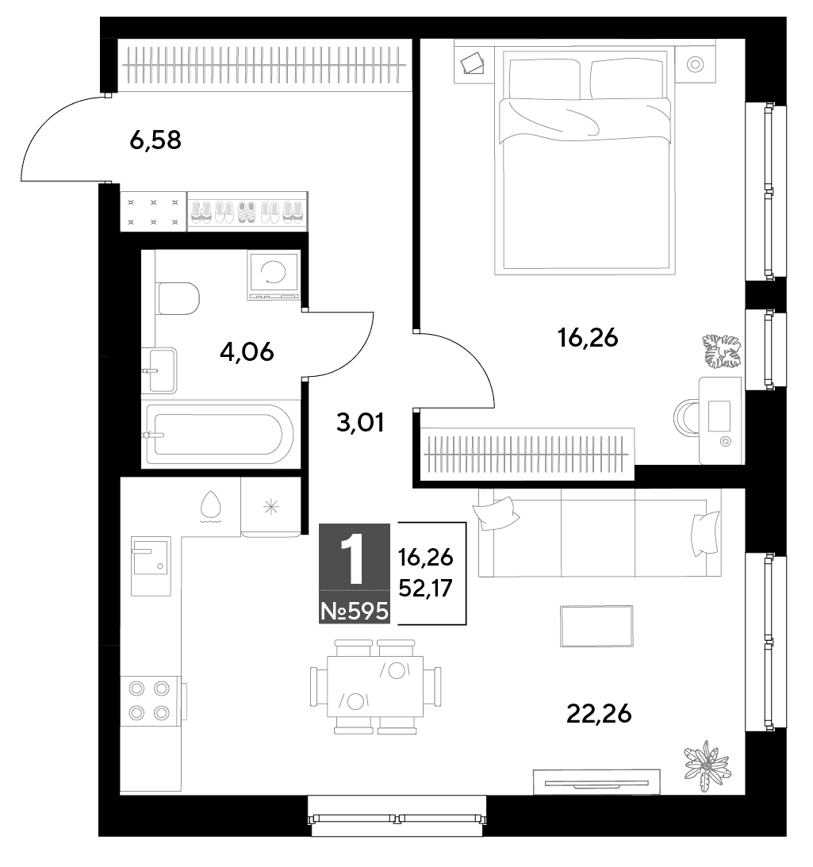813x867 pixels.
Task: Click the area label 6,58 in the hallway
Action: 155,140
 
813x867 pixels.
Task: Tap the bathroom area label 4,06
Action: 247,351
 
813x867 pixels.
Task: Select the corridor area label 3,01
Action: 360,423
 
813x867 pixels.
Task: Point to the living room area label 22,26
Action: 599,714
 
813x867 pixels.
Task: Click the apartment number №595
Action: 355,612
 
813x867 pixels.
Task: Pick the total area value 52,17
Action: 426,589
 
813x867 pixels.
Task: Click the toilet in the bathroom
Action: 178,298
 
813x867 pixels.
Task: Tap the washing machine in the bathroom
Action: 274,274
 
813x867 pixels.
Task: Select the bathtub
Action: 220,435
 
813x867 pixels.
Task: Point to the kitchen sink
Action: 151,566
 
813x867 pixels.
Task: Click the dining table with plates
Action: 375,686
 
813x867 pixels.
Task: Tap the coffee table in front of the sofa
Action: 596,626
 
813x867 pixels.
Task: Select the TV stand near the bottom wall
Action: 596,782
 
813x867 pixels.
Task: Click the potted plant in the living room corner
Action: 707,765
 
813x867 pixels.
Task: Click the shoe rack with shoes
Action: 247,211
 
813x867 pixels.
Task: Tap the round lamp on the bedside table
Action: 695,65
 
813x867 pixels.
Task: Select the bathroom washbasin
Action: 160,370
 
